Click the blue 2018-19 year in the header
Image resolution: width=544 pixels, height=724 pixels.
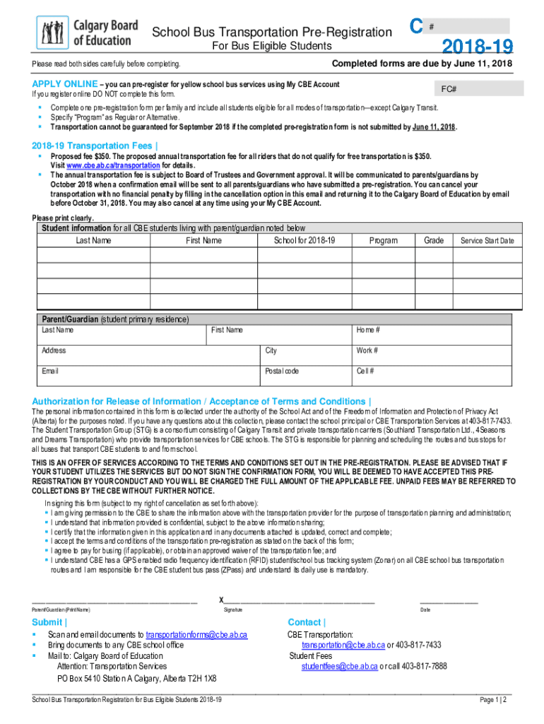point(477,47)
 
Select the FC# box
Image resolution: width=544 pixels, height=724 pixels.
point(479,89)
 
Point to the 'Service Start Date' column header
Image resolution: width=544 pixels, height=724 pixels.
point(487,241)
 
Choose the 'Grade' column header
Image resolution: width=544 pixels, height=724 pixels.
point(433,241)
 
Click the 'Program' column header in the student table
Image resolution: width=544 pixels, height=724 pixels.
point(383,241)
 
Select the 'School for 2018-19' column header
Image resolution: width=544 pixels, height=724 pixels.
point(304,241)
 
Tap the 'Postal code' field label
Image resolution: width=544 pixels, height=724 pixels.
point(282,371)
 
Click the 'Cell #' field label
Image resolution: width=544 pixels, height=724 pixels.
point(365,371)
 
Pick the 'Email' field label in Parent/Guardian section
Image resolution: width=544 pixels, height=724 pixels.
point(50,371)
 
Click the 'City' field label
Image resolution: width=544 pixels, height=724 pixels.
point(271,351)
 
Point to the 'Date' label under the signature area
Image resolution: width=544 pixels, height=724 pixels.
point(425,609)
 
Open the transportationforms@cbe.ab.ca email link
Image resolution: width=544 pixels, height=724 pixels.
point(196,635)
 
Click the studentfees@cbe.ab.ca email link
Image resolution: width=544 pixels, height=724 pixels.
point(339,666)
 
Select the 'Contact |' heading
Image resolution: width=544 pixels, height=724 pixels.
point(307,622)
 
